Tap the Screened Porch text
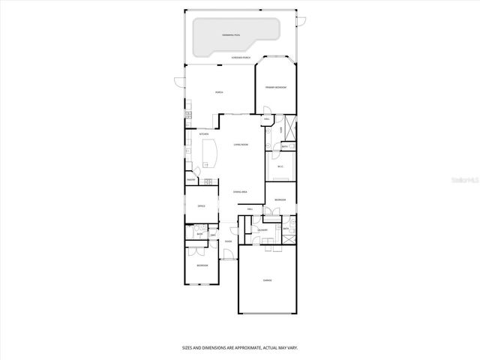241,58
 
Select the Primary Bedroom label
276,88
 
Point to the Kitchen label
203,134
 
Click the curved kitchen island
210,153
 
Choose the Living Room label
241,144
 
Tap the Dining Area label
240,192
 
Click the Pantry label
191,180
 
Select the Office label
201,205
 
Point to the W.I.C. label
280,167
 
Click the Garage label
267,280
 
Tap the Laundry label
263,230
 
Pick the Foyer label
227,241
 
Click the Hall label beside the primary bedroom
267,120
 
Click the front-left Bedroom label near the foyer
202,265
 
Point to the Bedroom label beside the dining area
279,199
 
